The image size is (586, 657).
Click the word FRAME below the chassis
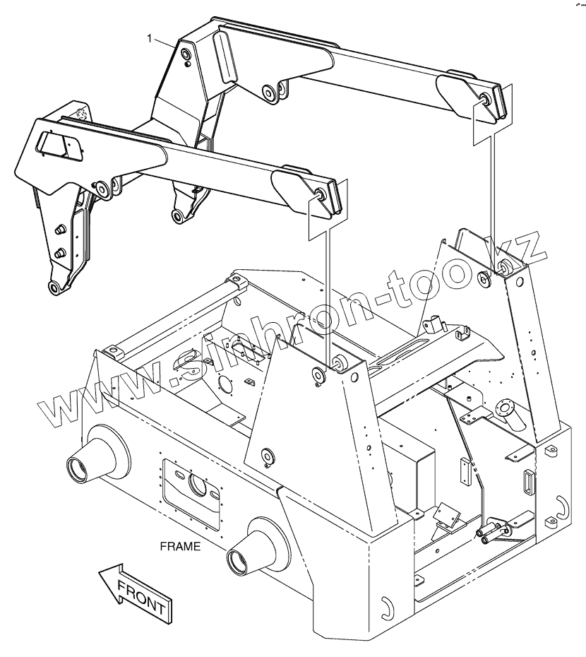point(180,546)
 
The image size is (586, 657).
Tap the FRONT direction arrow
point(134,591)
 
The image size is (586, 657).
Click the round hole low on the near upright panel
point(267,456)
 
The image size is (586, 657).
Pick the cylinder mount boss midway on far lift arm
point(269,91)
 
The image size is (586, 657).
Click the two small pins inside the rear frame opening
point(491,534)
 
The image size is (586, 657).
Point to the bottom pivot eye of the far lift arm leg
point(177,215)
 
